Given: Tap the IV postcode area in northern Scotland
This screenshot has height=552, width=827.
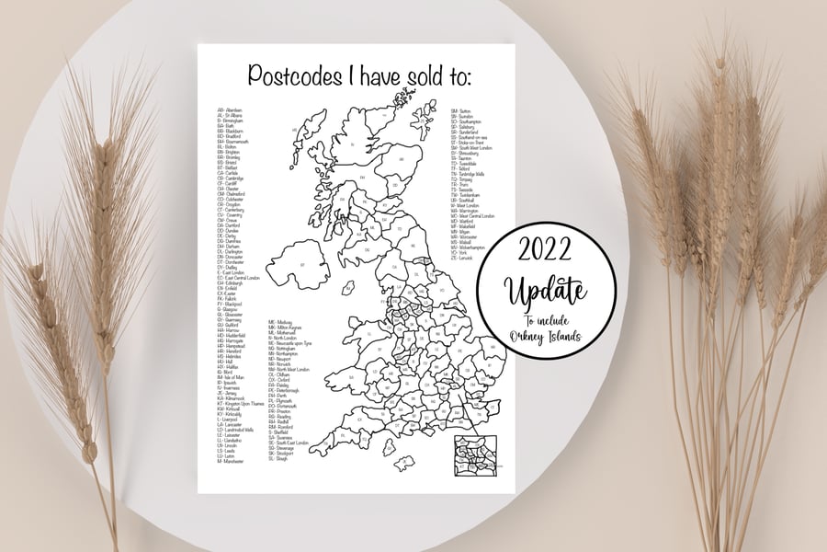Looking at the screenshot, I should point(354,147).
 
